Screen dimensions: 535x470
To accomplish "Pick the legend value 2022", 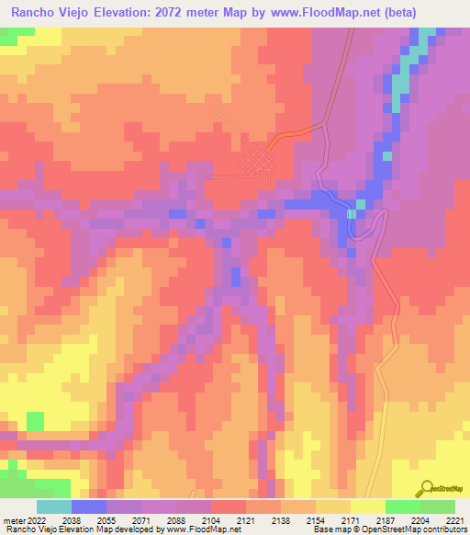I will coord(36,519).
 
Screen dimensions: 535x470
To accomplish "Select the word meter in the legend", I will coord(12,519).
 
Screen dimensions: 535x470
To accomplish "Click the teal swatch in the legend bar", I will coord(53,507).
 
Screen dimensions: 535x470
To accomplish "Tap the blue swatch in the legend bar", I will coord(88,507).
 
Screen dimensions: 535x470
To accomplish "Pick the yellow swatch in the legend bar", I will coord(367,507).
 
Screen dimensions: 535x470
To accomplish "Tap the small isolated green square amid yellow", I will coord(35,421).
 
